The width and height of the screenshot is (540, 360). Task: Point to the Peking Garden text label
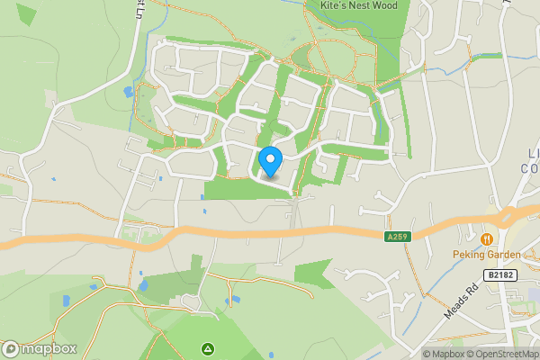(x=485, y=255)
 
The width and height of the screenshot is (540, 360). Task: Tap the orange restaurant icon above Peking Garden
(x=486, y=239)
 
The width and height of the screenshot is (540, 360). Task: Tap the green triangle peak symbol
(x=208, y=347)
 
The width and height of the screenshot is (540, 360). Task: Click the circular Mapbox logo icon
(x=11, y=348)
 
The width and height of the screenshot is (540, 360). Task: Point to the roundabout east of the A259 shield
(x=506, y=219)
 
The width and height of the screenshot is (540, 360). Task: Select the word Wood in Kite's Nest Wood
(x=394, y=5)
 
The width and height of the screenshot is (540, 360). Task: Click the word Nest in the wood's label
(x=365, y=5)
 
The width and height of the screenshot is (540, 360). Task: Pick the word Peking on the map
(x=468, y=255)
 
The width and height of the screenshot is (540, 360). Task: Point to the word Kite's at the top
(x=336, y=5)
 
